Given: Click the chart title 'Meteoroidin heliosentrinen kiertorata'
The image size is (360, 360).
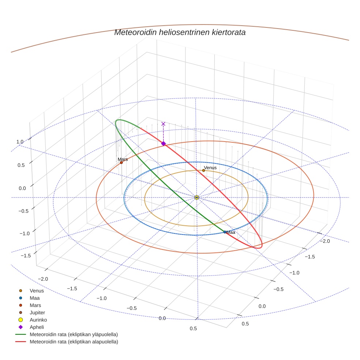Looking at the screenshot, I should click(x=180, y=32).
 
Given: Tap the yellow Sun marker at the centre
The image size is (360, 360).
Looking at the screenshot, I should click(x=196, y=198).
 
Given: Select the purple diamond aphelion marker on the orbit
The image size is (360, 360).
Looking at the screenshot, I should click(x=164, y=143).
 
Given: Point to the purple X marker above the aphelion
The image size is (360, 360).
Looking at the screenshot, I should click(x=163, y=124).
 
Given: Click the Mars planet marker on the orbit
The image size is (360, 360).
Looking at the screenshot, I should click(x=121, y=163).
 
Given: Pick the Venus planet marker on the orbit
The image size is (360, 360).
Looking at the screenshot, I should click(x=203, y=170).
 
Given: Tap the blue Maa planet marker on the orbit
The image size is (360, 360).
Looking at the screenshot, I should click(x=225, y=232).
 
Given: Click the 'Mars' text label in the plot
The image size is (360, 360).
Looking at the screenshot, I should click(x=123, y=160).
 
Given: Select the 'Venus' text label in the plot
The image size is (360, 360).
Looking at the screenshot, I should click(x=210, y=168).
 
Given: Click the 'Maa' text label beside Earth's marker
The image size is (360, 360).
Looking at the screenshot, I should click(x=230, y=232).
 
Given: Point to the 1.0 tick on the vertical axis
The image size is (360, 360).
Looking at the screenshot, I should click(x=20, y=142).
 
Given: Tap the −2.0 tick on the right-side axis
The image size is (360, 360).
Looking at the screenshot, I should click(x=325, y=241).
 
